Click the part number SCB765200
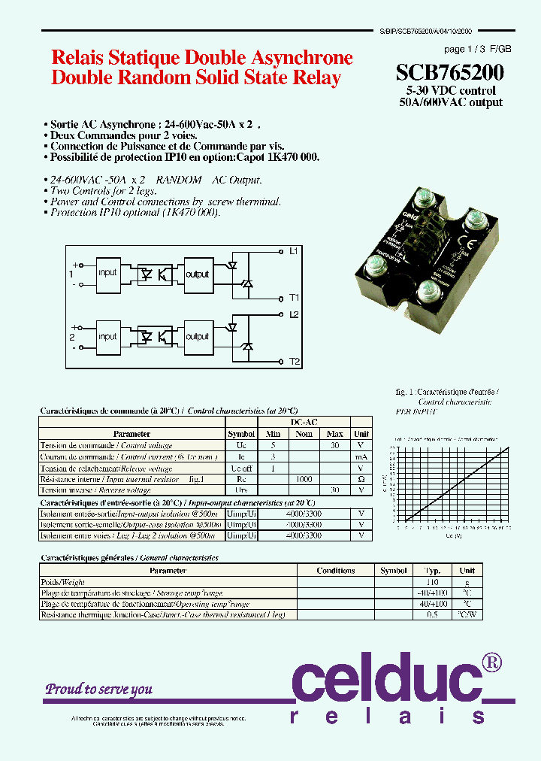coord(450,73)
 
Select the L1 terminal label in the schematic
coord(294,250)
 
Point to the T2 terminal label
coord(295,362)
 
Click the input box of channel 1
coord(107,272)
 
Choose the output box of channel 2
coord(197,336)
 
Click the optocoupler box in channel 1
coord(153,273)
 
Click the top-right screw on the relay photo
coord(476,220)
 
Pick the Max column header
coord(334,434)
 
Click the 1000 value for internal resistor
coord(304,479)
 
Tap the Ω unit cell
coord(361,479)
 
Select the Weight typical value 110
coord(433,582)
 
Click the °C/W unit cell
coord(467,615)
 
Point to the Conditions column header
coord(335,571)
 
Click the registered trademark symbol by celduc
coord(491,662)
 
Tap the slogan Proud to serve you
coord(98,689)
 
